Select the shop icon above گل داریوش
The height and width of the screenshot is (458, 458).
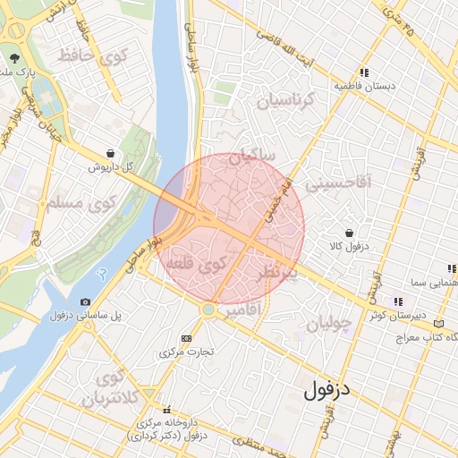(x=109, y=153)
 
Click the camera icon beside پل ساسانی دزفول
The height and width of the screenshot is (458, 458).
(x=85, y=302)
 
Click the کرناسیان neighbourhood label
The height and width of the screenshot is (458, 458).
(x=288, y=101)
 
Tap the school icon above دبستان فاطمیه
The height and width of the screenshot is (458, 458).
(x=363, y=72)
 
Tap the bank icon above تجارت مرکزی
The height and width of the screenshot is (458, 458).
(x=186, y=338)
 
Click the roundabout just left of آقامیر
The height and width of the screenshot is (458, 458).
(x=208, y=310)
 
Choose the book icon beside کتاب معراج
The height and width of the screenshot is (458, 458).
(x=437, y=323)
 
